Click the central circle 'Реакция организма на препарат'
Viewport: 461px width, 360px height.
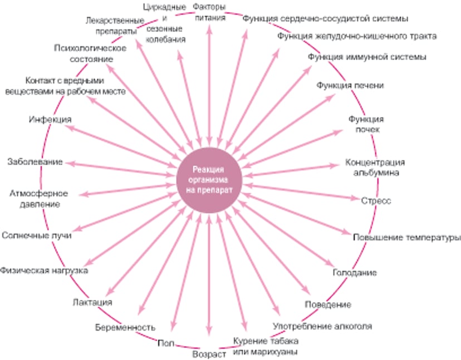pos(209,180)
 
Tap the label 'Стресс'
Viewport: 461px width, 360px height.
pos(376,200)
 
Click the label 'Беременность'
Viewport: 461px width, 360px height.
pos(125,327)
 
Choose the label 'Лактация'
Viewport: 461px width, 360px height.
pos(93,302)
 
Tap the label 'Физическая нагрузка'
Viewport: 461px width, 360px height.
pos(44,270)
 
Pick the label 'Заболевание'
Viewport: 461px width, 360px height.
pos(35,162)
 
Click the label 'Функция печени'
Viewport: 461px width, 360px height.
pos(350,85)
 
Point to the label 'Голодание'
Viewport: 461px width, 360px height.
pos(355,273)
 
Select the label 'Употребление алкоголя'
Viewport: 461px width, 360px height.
pos(322,326)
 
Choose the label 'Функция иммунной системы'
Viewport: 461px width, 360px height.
pos(367,57)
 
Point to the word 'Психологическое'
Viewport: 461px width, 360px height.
pos(90,48)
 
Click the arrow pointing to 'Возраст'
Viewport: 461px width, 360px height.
pos(209,278)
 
